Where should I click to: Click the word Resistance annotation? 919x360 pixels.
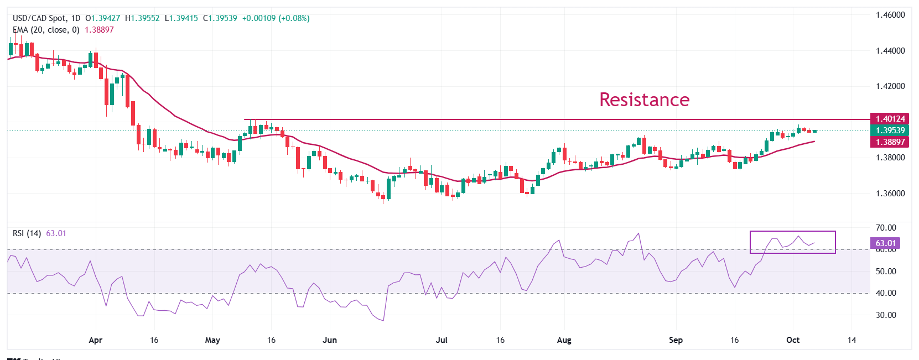click(x=644, y=100)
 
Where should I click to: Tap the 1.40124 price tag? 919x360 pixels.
click(x=890, y=119)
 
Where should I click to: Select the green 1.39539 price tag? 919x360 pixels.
click(x=890, y=131)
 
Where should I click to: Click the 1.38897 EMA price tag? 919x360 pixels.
click(x=890, y=142)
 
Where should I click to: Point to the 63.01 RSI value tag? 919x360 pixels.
click(x=885, y=243)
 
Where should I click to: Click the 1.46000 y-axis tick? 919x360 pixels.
click(x=890, y=15)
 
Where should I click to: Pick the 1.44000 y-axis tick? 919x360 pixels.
click(x=890, y=51)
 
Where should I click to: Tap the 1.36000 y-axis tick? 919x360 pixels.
click(x=890, y=194)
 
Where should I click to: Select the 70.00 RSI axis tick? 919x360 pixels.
click(x=886, y=228)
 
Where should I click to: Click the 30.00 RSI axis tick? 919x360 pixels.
click(x=886, y=315)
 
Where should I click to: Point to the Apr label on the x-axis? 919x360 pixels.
click(x=95, y=340)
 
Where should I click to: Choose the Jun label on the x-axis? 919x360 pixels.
click(x=330, y=340)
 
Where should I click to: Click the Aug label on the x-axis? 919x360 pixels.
click(x=564, y=340)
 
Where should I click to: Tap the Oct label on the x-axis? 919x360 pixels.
click(x=792, y=340)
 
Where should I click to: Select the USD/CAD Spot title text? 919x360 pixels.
click(x=38, y=18)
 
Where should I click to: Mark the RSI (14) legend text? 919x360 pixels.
click(x=27, y=233)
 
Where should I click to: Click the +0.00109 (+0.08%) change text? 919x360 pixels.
click(x=276, y=18)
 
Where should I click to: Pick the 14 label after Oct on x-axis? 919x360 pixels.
click(x=851, y=340)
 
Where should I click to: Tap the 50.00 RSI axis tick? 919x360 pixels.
click(x=886, y=272)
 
